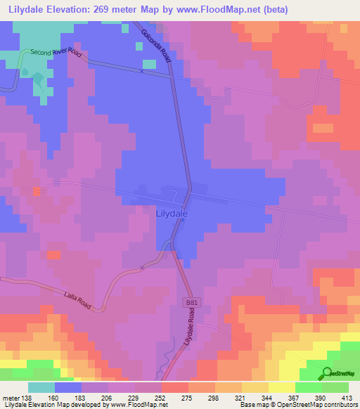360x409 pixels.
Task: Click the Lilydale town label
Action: click(169, 209)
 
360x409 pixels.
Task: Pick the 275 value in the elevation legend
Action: click(188, 397)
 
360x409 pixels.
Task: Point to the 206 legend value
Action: click(108, 397)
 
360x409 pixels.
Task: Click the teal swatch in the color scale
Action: click(41, 387)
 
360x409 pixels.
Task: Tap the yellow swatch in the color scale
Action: click(281, 387)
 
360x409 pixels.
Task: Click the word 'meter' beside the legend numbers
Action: click(10, 397)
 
